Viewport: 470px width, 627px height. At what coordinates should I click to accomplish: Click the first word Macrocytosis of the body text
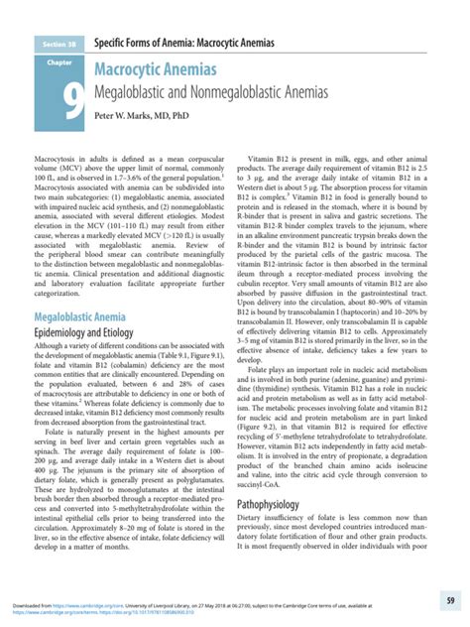58,159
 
